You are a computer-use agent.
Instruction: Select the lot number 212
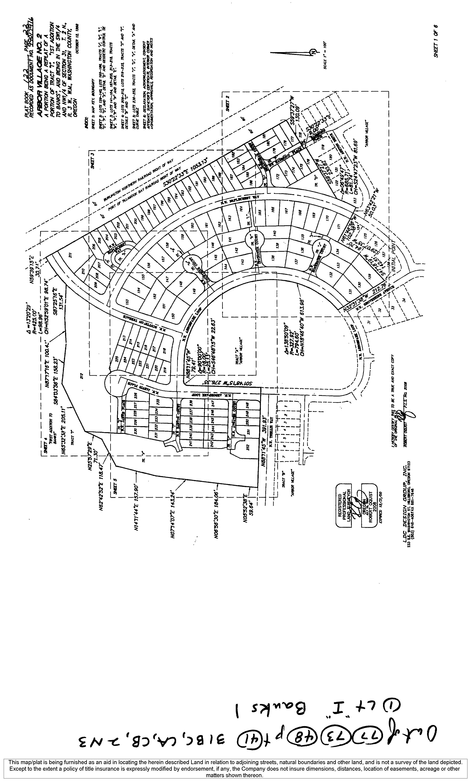click(81, 377)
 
